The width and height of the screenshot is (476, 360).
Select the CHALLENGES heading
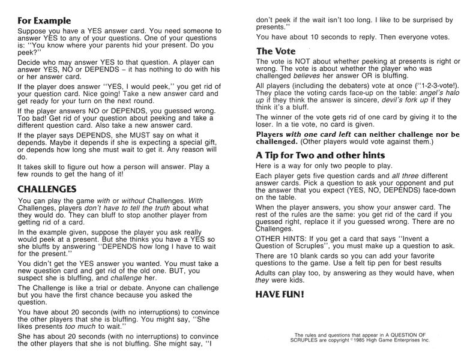tap(47, 188)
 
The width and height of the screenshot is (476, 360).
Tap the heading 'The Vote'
tap(276, 52)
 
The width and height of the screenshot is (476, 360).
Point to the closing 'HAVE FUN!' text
tap(280, 295)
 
